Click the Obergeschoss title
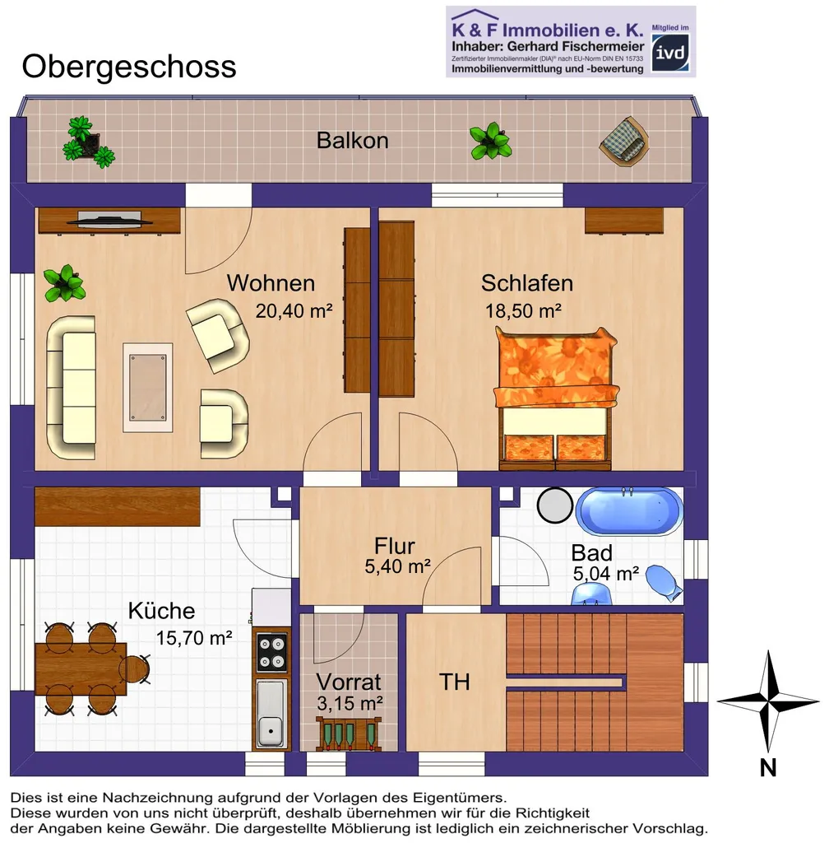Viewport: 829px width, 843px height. [129, 68]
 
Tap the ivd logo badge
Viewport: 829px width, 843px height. [670, 53]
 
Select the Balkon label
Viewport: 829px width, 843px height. [352, 140]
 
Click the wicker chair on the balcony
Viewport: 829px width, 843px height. [624, 140]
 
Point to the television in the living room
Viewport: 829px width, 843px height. [109, 218]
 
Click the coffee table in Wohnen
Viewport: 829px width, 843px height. [148, 388]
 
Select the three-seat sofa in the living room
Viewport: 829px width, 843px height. [72, 387]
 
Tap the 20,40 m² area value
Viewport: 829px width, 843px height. [294, 310]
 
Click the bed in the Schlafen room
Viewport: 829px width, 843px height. [556, 399]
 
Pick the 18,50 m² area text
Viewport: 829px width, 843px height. [524, 310]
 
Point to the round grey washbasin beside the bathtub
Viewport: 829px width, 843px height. [555, 505]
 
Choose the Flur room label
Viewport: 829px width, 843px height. [395, 546]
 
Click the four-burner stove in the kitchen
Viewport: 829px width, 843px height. [271, 652]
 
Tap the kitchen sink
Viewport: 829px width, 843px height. [271, 714]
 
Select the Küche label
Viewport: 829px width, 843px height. [161, 611]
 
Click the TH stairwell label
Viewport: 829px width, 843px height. [454, 682]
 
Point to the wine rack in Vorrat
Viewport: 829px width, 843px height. [349, 734]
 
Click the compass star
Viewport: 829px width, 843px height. [768, 701]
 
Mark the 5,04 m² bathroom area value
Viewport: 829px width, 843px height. [605, 574]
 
